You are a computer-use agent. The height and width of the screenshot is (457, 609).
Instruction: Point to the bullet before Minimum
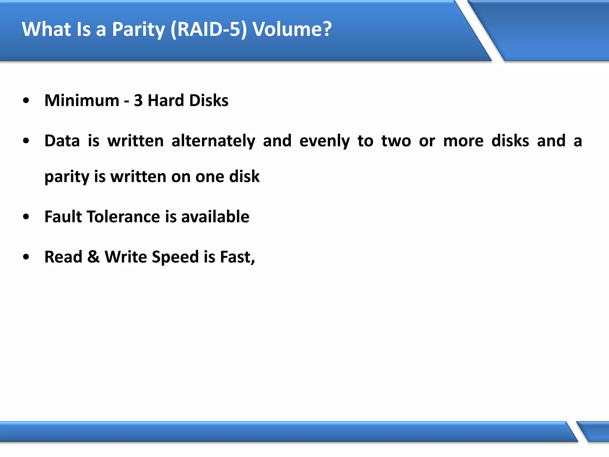(26, 101)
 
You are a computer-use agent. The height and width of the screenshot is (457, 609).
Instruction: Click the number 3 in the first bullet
(138, 101)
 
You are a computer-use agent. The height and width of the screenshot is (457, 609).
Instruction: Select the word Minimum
(82, 101)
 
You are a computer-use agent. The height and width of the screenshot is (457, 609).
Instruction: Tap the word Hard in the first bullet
(166, 101)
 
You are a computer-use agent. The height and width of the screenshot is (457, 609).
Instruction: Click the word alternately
(213, 141)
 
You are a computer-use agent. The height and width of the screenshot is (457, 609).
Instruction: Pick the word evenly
(324, 141)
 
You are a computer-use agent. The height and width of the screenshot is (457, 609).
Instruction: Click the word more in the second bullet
(463, 141)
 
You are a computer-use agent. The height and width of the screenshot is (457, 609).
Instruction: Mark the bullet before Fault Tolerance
(26, 217)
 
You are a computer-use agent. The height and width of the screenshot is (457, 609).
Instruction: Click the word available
(215, 217)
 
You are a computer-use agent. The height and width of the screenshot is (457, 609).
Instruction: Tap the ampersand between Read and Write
(93, 257)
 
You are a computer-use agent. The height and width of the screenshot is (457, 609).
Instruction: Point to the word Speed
(175, 257)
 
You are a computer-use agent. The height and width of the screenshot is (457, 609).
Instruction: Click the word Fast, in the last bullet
(237, 257)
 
